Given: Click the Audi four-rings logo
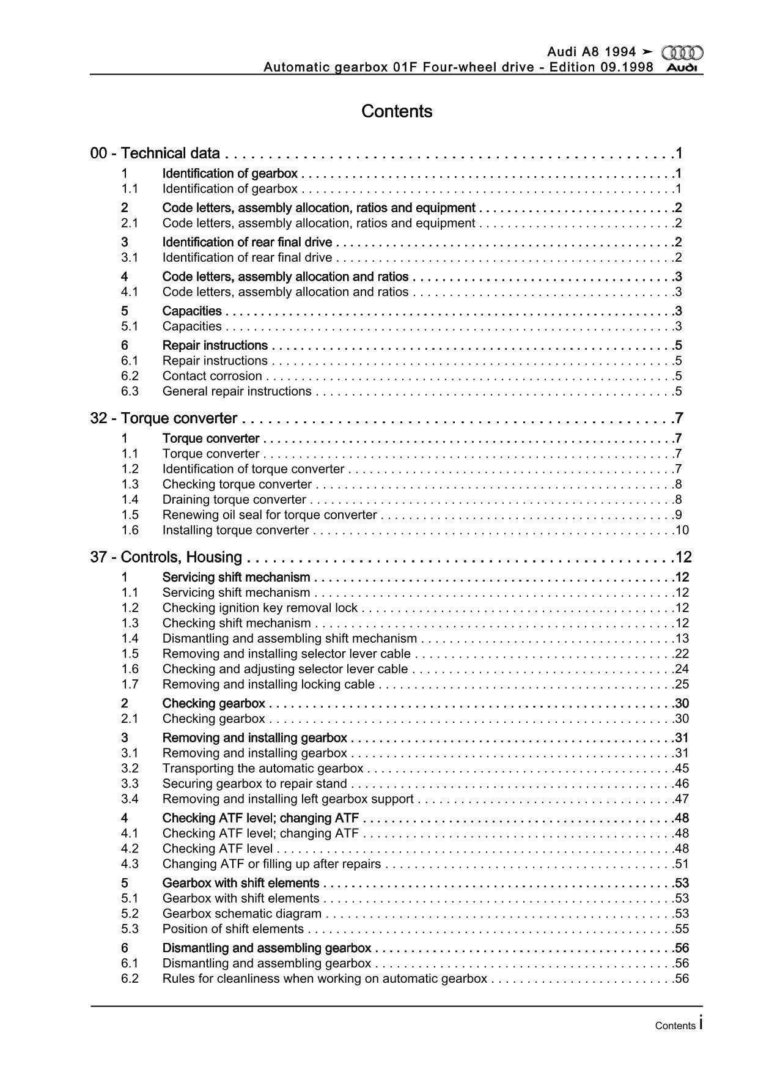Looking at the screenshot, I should click(682, 53).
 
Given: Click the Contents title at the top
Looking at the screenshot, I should click(397, 111).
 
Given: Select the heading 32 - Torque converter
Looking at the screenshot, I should click(163, 418).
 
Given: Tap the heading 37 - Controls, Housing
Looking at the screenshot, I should click(166, 557).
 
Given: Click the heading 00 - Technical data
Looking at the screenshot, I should click(155, 153).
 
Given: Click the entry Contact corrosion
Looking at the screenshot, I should click(212, 376).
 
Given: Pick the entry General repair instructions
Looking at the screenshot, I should click(237, 391).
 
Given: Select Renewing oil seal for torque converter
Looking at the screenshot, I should click(270, 515).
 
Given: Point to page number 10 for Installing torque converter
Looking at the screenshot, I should click(682, 530).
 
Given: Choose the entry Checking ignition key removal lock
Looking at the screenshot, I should click(260, 608).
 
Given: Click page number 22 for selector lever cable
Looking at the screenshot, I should click(682, 654).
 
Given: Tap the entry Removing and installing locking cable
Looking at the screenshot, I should click(268, 684).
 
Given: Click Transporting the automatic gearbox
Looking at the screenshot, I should click(263, 769).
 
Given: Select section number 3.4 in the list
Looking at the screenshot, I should click(130, 799).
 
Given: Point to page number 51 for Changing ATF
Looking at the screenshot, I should click(682, 864).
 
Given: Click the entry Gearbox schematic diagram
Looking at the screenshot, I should click(241, 914).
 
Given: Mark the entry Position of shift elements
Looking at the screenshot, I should click(233, 929).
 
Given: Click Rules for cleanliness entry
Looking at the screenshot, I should click(325, 978).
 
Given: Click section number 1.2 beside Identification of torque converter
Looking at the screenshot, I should click(130, 469).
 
